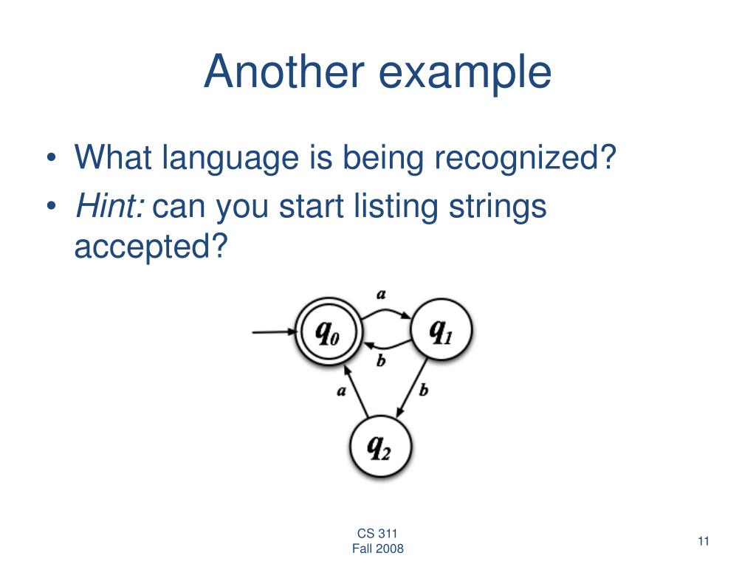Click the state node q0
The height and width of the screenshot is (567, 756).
click(x=327, y=333)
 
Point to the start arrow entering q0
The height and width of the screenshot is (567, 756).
click(x=273, y=333)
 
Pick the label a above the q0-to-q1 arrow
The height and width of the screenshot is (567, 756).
click(x=381, y=294)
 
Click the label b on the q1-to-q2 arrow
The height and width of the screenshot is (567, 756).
click(x=423, y=390)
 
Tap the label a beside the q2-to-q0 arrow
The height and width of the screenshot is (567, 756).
click(x=341, y=391)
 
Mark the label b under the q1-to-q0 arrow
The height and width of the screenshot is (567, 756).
click(x=381, y=361)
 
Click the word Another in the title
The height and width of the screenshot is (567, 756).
click(x=284, y=72)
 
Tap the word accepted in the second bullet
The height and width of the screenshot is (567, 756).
click(x=148, y=247)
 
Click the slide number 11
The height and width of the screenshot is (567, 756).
click(x=703, y=541)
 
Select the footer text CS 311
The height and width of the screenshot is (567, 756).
click(x=377, y=534)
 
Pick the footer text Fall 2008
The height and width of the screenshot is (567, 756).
click(x=377, y=549)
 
